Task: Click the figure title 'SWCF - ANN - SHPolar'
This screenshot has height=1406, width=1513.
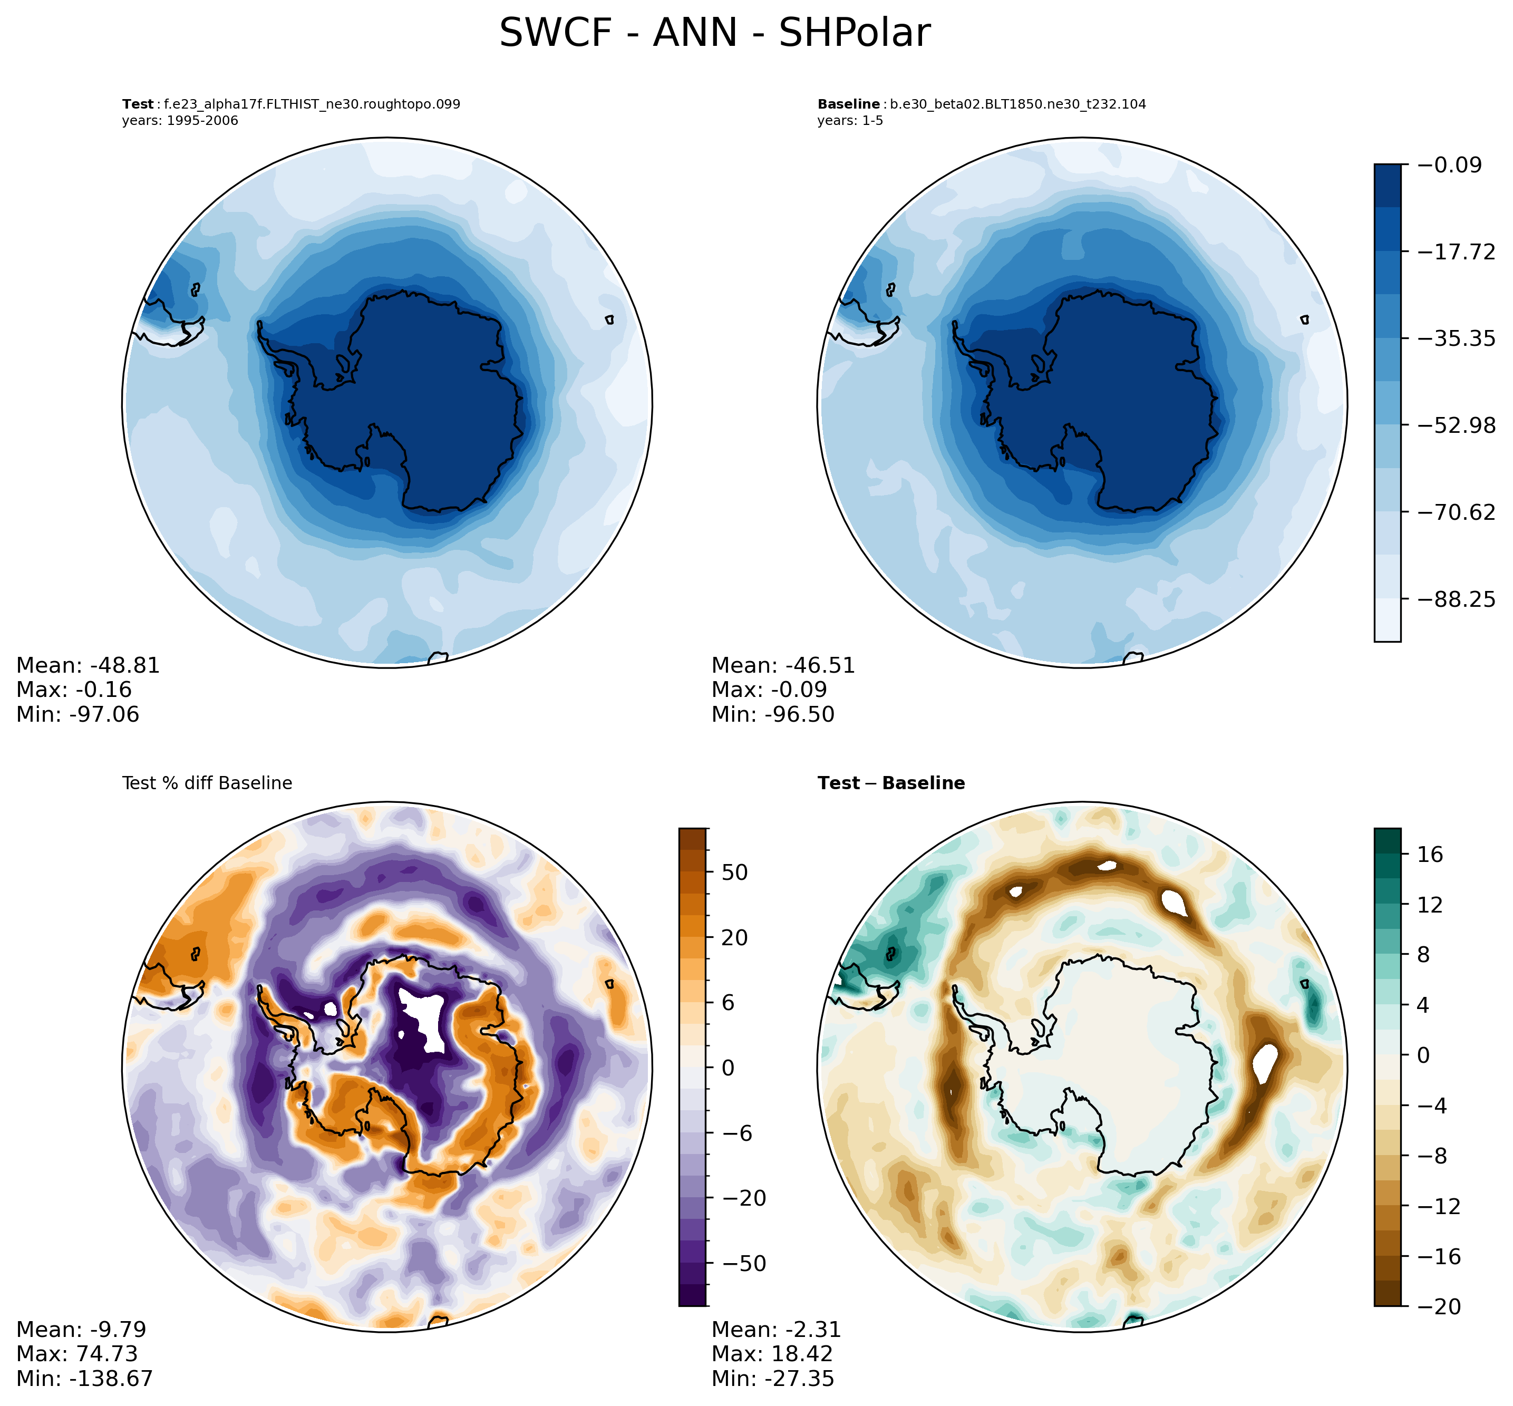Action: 713,34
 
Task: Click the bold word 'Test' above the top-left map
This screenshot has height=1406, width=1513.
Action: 138,104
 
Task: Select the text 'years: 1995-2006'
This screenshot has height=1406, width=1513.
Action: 180,121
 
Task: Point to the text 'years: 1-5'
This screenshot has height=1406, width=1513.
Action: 850,121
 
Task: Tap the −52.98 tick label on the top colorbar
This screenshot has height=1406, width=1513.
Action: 1457,425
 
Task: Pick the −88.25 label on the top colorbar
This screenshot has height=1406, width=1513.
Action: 1457,599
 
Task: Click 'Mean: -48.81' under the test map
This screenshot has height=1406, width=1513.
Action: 88,666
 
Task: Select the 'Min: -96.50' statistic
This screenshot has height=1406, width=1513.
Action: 772,714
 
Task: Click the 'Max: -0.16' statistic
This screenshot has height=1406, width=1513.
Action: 74,690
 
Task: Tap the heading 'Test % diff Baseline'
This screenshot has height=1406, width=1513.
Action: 207,783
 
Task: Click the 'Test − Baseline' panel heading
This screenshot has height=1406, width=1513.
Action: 891,783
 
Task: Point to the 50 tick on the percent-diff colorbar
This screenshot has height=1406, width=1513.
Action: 733,872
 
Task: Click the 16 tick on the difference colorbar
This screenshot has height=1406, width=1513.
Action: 1430,855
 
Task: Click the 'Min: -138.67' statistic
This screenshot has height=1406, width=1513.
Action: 84,1379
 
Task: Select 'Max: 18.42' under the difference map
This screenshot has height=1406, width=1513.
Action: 771,1354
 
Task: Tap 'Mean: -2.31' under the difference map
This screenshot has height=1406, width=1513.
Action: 776,1330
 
